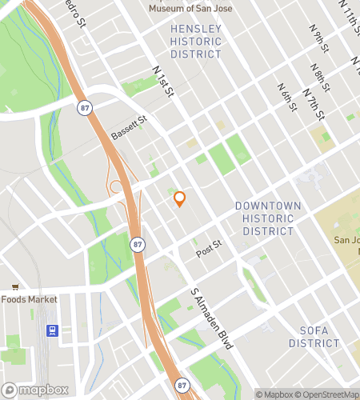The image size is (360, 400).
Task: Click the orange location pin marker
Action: [x=180, y=198]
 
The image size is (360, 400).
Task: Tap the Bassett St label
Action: [x=130, y=128]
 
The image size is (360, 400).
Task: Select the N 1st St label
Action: [x=164, y=85]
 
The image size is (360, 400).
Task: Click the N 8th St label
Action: [x=322, y=79]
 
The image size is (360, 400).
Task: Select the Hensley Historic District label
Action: [x=196, y=42]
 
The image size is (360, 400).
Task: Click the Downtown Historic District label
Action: [x=268, y=218]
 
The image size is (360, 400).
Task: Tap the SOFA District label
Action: [x=314, y=336]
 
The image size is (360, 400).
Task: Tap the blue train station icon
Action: [x=53, y=330]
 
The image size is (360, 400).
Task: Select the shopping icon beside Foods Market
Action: [x=14, y=286]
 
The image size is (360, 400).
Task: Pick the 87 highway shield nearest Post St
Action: [x=138, y=243]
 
